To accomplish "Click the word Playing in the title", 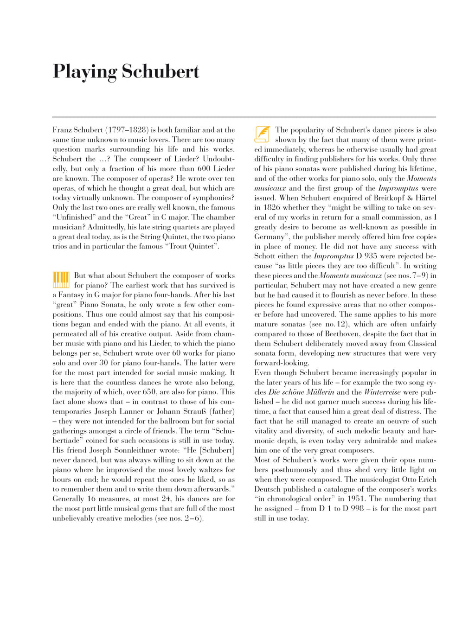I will click(84, 72).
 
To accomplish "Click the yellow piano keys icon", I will click(61, 280).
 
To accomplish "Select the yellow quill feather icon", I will click(262, 134).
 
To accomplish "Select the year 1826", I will click(271, 207).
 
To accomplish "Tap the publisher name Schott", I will click(265, 256).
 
